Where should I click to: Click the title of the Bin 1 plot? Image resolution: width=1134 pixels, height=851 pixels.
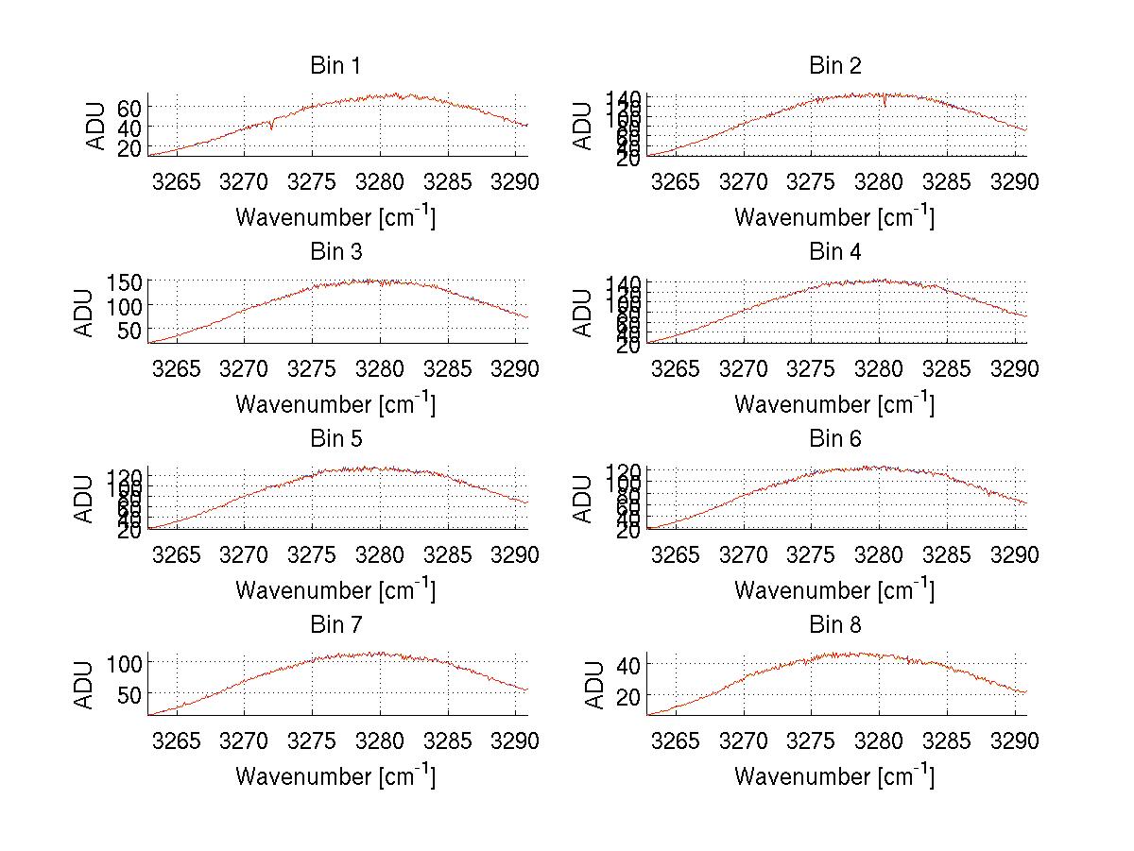[x=335, y=65]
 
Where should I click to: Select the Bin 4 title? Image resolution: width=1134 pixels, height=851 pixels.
[x=835, y=252]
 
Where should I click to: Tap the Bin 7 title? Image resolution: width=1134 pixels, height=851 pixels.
[x=335, y=625]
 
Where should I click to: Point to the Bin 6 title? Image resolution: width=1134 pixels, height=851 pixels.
[x=835, y=438]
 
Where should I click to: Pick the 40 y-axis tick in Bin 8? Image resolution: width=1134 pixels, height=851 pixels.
[x=628, y=664]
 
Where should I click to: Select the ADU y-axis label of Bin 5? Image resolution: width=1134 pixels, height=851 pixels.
[x=86, y=498]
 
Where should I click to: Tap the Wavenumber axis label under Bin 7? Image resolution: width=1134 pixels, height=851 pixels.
[x=335, y=776]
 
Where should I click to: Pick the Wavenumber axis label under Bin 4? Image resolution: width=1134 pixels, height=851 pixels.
[x=834, y=403]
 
